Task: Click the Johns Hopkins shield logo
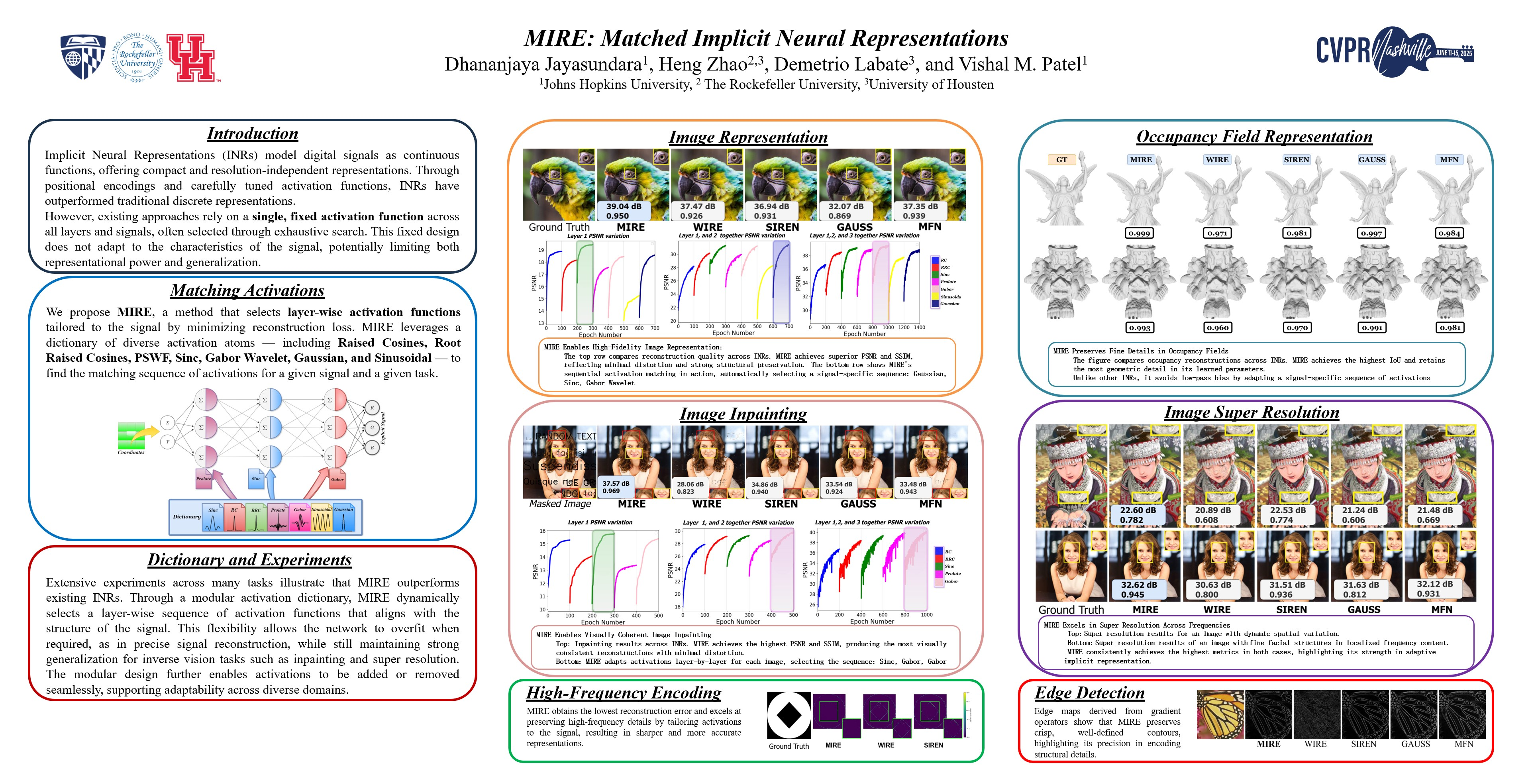(x=83, y=57)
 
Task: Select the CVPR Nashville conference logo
(x=1394, y=52)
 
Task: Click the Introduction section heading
(x=253, y=133)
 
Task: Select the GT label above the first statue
(x=1061, y=160)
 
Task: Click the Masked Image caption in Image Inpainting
(x=560, y=504)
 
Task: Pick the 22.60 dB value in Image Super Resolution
(x=1138, y=510)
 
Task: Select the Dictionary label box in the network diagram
(x=186, y=517)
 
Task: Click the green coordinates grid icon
(x=131, y=435)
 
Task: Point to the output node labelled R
(x=372, y=408)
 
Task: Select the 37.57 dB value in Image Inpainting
(x=616, y=483)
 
